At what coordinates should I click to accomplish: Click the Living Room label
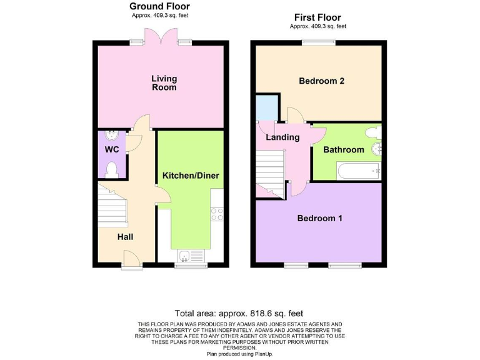click(164, 83)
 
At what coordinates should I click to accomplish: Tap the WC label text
click(112, 150)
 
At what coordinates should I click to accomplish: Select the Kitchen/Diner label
click(191, 176)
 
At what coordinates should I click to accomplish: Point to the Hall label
click(125, 237)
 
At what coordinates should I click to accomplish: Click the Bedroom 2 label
click(321, 81)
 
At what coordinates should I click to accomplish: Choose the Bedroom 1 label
click(319, 218)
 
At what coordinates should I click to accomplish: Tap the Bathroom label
click(343, 150)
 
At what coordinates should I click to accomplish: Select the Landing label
click(282, 137)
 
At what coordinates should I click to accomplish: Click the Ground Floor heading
click(159, 6)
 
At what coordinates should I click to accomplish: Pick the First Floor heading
click(317, 17)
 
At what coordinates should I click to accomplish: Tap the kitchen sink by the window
click(191, 255)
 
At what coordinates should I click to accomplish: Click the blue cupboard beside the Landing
click(267, 107)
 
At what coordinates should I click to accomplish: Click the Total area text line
click(239, 313)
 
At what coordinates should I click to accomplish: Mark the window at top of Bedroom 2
click(311, 42)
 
